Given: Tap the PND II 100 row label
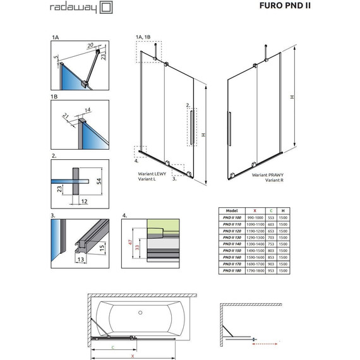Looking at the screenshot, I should pos(231,218).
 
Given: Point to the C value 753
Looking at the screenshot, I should pos(271,244).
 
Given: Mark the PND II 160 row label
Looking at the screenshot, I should pos(231,257).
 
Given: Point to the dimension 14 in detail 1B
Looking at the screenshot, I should pos(87,111).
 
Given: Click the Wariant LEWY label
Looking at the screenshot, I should pos(152,174).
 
